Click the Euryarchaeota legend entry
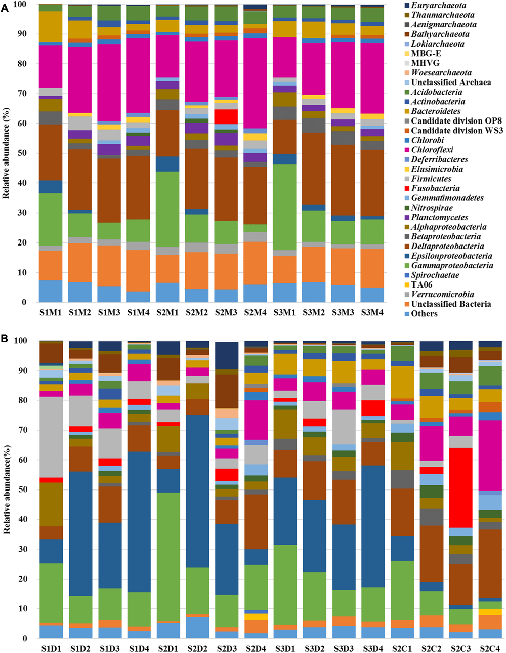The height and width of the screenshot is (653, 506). pyautogui.click(x=438, y=6)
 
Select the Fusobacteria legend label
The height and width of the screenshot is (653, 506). pyautogui.click(x=435, y=188)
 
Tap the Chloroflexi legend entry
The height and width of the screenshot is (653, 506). pyautogui.click(x=432, y=150)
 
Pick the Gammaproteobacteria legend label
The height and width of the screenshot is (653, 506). pyautogui.click(x=452, y=265)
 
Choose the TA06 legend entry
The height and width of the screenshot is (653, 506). pyautogui.click(x=421, y=285)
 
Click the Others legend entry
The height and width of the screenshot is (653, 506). pyautogui.click(x=424, y=314)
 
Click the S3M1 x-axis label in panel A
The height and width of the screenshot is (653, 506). pyautogui.click(x=285, y=313)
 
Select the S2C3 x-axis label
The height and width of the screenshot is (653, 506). pyautogui.click(x=460, y=648)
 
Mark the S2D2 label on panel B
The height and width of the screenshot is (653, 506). pyautogui.click(x=197, y=648)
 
